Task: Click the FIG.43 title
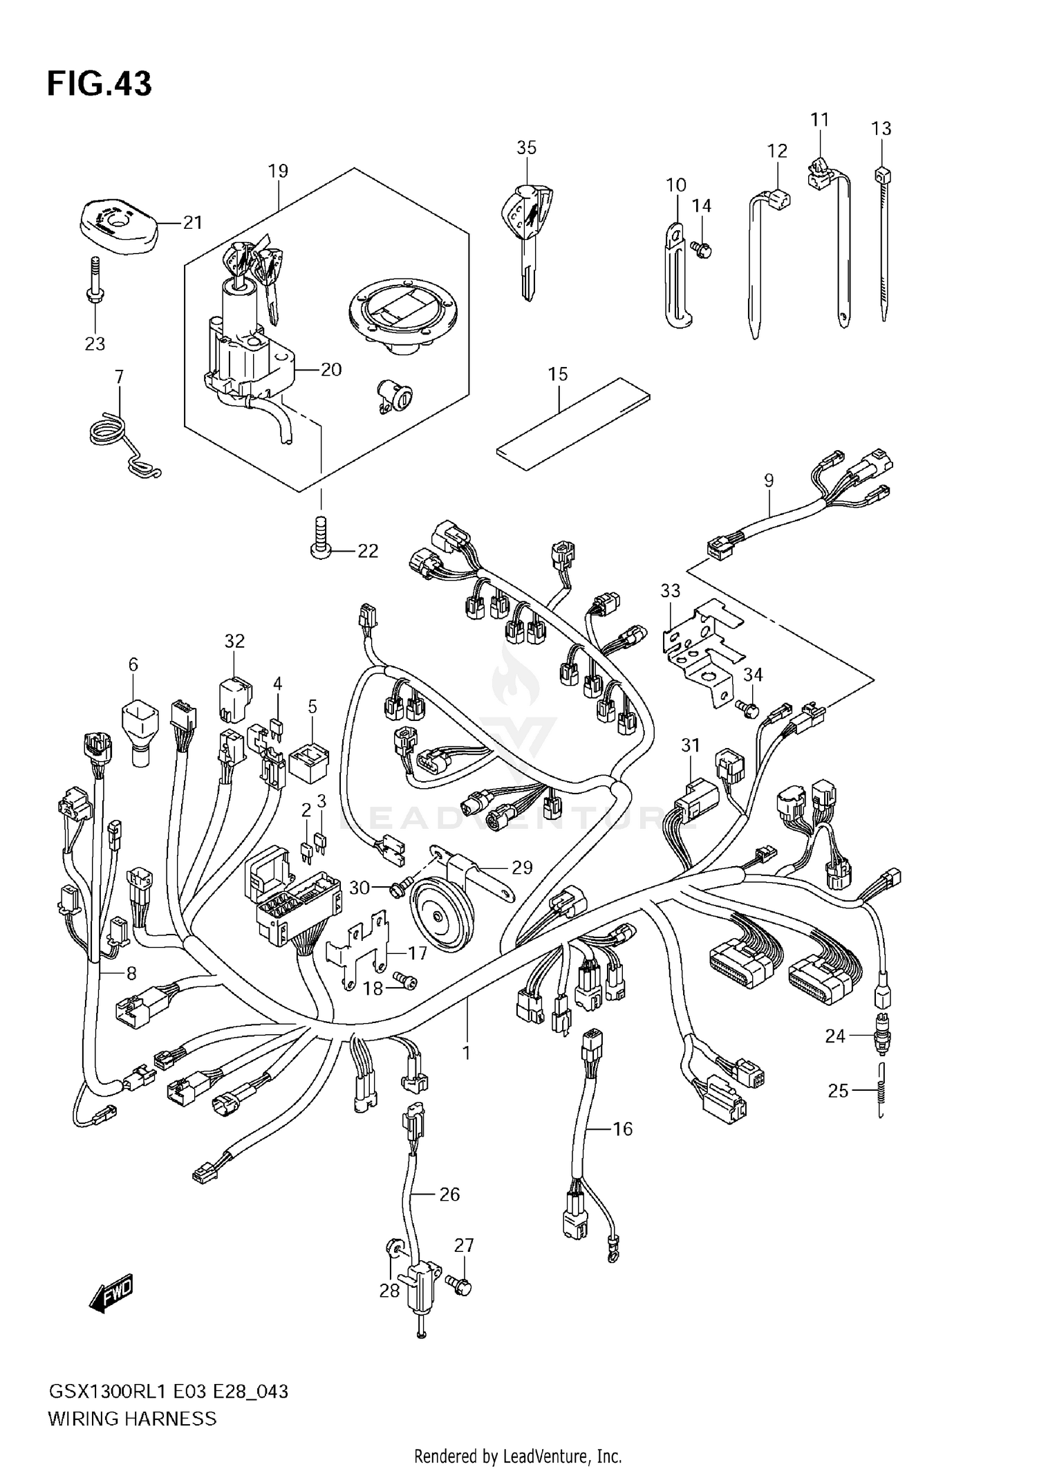click(x=99, y=84)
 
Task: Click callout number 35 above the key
click(x=526, y=147)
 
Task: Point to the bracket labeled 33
click(x=698, y=646)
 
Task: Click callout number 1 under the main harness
click(x=466, y=1052)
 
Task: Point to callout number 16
click(x=622, y=1128)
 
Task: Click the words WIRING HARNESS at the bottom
click(x=132, y=1419)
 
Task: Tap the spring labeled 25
click(x=881, y=1090)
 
